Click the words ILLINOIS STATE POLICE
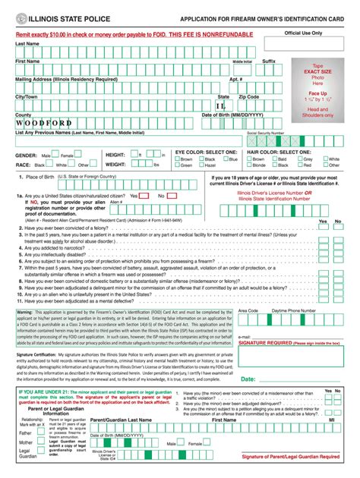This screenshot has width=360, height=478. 65,17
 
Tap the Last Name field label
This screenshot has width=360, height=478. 28,44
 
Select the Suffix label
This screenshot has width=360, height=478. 269,61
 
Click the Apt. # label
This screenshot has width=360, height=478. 235,78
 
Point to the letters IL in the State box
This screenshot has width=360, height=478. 221,105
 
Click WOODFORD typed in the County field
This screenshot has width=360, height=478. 44,123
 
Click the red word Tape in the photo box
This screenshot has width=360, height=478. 318,65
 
